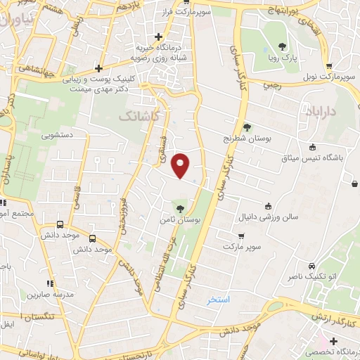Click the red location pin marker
[181, 165]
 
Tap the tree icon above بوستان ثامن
[181, 209]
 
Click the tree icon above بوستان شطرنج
[247, 127]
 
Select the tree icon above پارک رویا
[282, 46]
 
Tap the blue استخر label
[219, 300]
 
